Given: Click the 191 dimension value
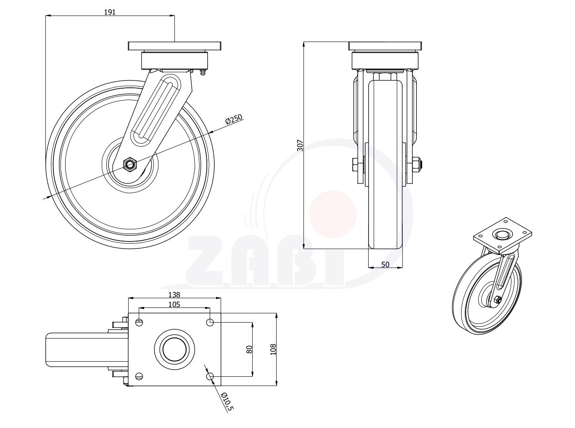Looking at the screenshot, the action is (x=110, y=12).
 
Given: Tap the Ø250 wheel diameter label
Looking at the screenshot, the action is (x=234, y=119).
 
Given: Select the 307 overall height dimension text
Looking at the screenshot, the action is (x=300, y=145).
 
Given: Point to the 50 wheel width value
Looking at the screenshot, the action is (x=385, y=265).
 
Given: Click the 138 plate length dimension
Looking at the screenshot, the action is (x=174, y=295).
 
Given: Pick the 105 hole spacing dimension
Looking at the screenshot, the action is (x=174, y=305).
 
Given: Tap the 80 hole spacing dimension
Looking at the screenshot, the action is (x=249, y=349).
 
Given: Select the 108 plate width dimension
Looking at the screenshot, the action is (x=273, y=349).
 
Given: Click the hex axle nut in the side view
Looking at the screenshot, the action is (x=129, y=164).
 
